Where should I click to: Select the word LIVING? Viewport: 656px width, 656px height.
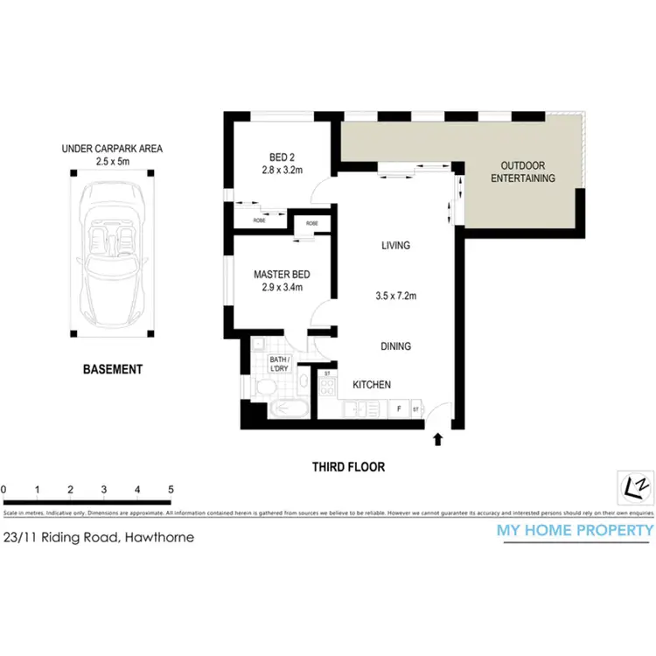coord(396,246)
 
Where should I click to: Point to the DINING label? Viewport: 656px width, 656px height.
coord(395,346)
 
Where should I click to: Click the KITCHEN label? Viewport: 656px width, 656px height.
coord(371,385)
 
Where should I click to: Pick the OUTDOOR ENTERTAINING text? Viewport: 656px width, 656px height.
coord(522,171)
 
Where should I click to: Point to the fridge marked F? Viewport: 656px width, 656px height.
coord(399,408)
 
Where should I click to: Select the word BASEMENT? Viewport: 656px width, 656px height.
coord(112,369)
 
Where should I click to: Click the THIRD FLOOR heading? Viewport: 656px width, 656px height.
coord(348,467)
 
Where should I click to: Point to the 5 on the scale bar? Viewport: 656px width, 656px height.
coord(171,489)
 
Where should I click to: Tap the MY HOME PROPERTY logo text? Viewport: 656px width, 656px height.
coord(575,530)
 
